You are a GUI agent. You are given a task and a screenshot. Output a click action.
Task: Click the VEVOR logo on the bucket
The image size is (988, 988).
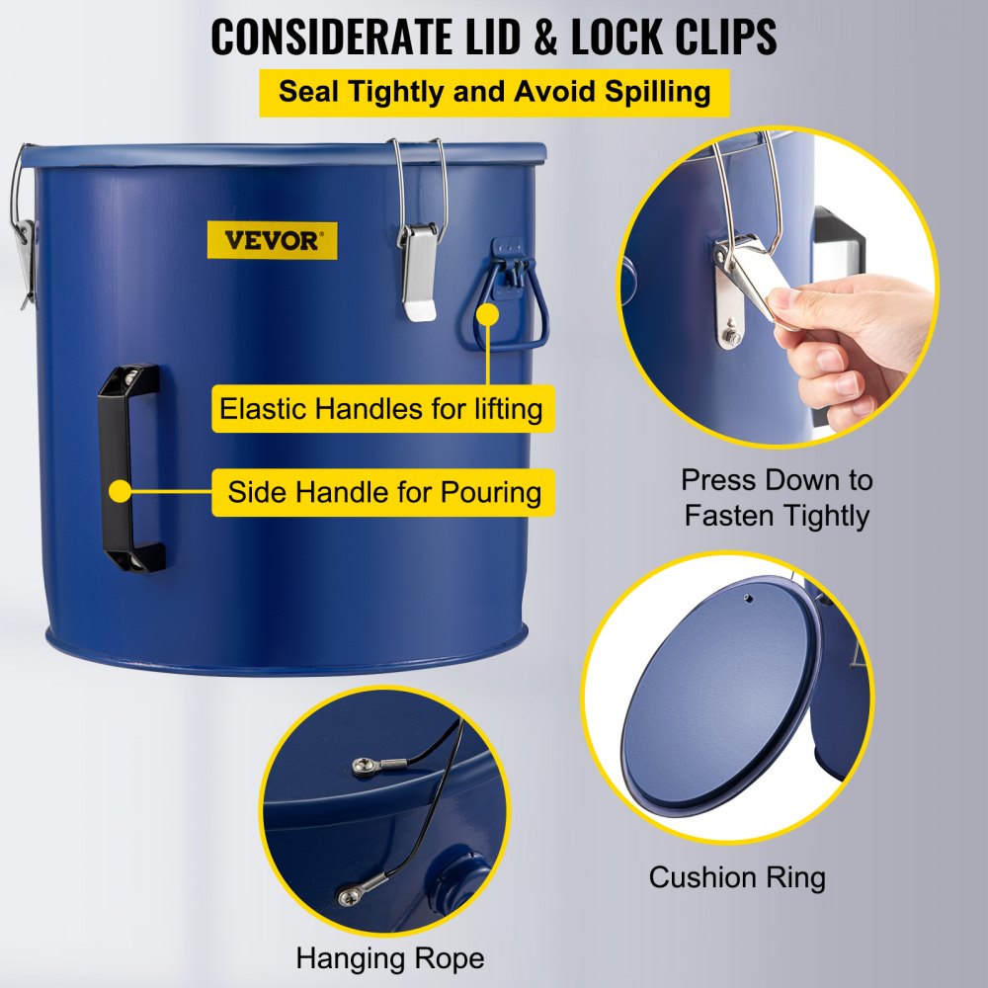272,240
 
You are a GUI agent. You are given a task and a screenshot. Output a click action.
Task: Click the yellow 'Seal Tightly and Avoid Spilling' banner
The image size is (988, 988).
494,92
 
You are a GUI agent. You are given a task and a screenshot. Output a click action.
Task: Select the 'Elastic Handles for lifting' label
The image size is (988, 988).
380,408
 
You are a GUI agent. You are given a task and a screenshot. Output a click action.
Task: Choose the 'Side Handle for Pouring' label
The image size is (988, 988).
384,491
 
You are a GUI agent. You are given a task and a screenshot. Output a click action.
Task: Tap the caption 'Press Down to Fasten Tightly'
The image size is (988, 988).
777,498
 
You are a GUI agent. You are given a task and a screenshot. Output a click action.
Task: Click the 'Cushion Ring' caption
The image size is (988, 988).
736,876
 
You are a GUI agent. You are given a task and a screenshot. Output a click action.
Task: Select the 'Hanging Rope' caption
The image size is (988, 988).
390,957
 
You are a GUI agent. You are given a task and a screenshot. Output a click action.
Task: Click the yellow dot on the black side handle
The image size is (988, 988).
121,489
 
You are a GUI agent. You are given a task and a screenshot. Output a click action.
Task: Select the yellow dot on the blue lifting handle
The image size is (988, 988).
487,314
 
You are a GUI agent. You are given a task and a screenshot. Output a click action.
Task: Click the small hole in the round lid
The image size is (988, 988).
749,598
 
